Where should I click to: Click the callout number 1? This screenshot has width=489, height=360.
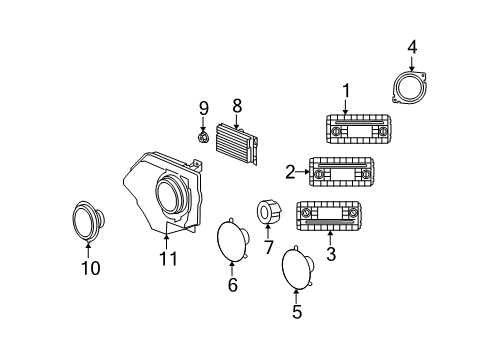click(346, 92)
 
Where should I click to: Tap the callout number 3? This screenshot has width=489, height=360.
click(331, 254)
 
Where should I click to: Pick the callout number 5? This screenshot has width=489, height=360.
click(296, 310)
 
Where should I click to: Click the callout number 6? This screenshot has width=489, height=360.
click(232, 285)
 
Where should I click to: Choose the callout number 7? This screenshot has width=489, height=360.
click(268, 246)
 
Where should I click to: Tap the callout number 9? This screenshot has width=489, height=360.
click(203, 108)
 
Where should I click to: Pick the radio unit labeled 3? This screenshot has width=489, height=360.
click(327, 215)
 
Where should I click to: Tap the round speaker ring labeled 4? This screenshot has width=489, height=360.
click(410, 87)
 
